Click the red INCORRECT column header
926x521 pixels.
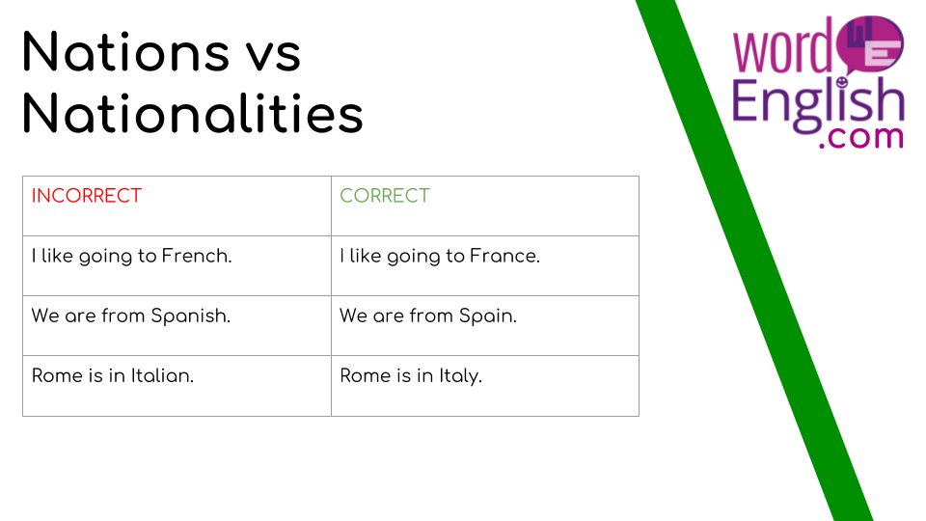[87, 196]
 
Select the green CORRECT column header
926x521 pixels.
[385, 196]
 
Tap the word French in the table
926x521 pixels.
[197, 256]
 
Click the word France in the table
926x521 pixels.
[504, 256]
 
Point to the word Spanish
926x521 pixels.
[191, 316]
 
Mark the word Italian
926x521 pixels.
[162, 375]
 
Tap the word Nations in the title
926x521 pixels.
[125, 52]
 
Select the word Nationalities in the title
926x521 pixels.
[193, 114]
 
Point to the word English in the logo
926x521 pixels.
[818, 104]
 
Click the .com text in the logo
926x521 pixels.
[861, 137]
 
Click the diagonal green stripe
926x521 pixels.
[754, 260]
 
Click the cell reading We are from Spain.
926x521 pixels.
[485, 325]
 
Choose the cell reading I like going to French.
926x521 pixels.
[177, 266]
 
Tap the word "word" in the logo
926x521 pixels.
[783, 50]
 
